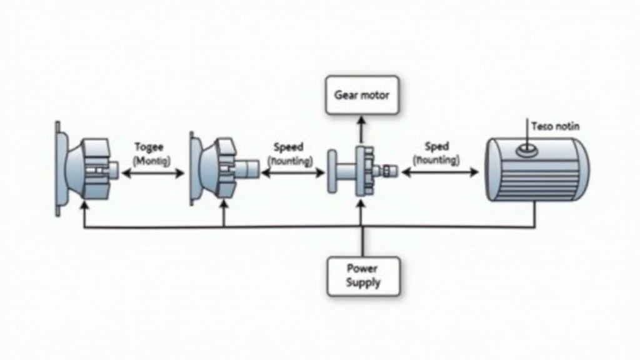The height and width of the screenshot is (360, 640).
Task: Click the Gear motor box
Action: (x=362, y=96)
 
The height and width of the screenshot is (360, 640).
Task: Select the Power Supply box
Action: (x=362, y=276)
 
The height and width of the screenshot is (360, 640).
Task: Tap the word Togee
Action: (x=149, y=147)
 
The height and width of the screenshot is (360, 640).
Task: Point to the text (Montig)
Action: (x=151, y=161)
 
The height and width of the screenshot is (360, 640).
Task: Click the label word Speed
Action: (x=288, y=147)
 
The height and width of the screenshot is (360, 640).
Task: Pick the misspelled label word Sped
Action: (x=437, y=147)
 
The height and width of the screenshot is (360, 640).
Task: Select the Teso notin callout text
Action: (x=555, y=126)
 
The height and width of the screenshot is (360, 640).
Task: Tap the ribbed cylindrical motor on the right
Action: (x=537, y=169)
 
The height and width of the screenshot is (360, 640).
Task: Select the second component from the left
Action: (x=222, y=169)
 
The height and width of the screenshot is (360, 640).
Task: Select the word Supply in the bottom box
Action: (x=362, y=282)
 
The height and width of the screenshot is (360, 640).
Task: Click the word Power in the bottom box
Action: (x=362, y=269)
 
